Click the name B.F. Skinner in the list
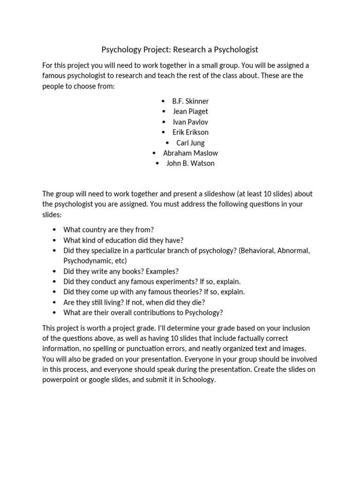click(x=190, y=101)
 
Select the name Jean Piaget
click(x=190, y=112)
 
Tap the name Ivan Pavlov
click(x=190, y=122)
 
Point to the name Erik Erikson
click(x=190, y=132)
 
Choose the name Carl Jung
click(x=190, y=142)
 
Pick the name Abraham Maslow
click(x=190, y=153)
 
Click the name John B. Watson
click(x=190, y=163)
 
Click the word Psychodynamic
click(x=85, y=261)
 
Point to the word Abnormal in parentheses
click(x=293, y=250)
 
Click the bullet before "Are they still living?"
click(x=54, y=302)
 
